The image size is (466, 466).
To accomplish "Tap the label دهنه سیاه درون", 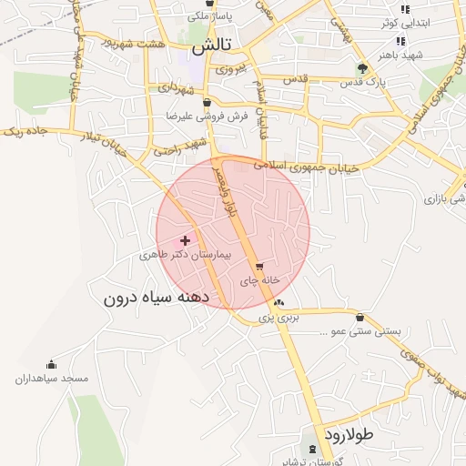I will (x=157, y=298).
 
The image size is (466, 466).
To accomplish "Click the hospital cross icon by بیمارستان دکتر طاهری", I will (x=186, y=240).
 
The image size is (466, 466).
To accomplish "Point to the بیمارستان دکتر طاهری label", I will (x=185, y=256).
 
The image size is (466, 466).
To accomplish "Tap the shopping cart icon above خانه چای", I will (x=260, y=268).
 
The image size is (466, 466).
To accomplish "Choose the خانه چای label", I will (x=258, y=281).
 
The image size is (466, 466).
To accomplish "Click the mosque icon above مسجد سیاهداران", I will (x=51, y=364).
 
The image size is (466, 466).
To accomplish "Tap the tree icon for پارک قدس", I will (x=363, y=68).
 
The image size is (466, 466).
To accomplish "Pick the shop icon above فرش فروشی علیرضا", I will (x=208, y=102).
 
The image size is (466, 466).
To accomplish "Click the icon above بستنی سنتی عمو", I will (x=361, y=318).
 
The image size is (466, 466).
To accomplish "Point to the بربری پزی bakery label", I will (x=278, y=319).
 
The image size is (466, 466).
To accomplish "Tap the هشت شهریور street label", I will (x=137, y=43).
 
